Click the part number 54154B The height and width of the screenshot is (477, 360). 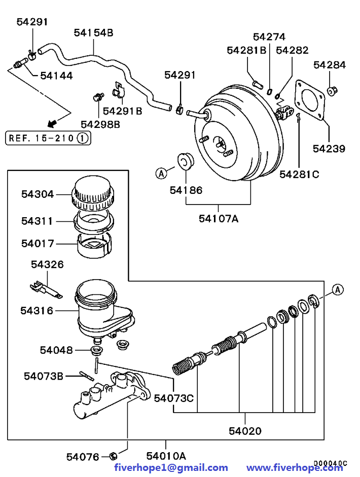[x=93, y=32]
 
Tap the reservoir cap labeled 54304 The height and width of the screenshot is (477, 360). [x=92, y=194]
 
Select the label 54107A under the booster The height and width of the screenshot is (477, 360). [x=219, y=219]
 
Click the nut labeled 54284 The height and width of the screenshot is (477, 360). [x=332, y=91]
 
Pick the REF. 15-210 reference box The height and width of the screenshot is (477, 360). [x=48, y=138]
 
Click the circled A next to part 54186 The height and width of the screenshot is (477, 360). [x=161, y=174]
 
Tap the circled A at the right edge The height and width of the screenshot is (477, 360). [x=338, y=290]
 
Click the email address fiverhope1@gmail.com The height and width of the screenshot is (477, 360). [x=171, y=467]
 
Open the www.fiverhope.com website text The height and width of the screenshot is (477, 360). [x=295, y=467]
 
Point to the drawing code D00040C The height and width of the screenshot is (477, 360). [x=330, y=463]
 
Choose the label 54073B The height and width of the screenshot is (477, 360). [x=44, y=376]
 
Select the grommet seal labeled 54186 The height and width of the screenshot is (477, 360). [x=187, y=161]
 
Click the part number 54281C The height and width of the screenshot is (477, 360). [x=299, y=175]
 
